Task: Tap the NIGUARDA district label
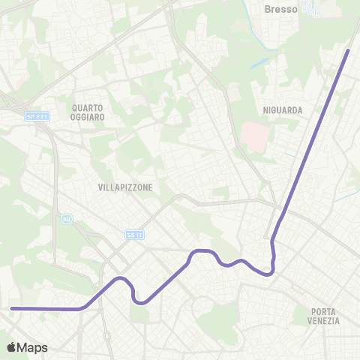(x=283, y=110)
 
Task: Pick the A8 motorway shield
(x=67, y=219)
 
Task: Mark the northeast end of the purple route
(x=349, y=50)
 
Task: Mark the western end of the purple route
(x=12, y=308)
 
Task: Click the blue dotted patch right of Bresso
(x=312, y=8)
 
